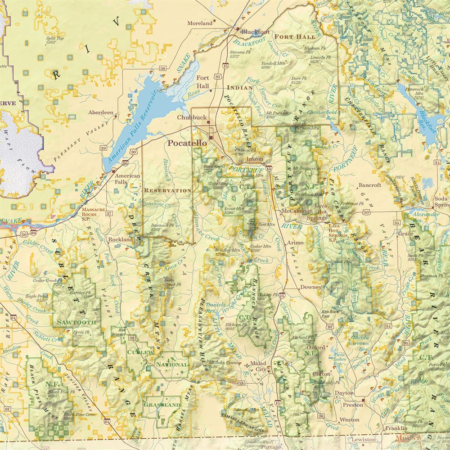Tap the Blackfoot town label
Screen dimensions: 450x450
click(255, 32)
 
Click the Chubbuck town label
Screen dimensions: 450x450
click(192, 117)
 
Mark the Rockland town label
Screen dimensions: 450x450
click(120, 239)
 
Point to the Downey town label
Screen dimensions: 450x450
click(311, 287)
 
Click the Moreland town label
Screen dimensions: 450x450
click(200, 23)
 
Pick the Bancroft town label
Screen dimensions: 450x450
click(370, 185)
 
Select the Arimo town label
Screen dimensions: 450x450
click(296, 243)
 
